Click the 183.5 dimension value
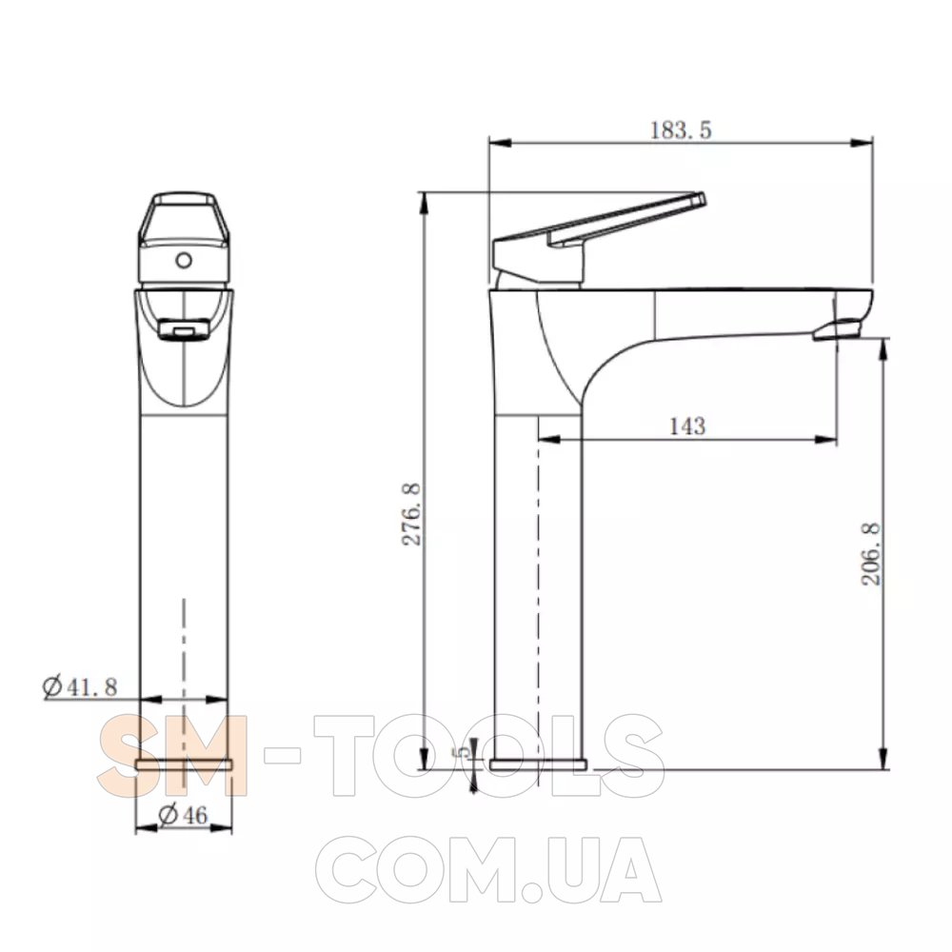(681, 129)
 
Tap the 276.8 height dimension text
(412, 515)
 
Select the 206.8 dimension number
(871, 554)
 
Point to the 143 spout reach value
(687, 426)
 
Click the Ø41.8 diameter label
(80, 686)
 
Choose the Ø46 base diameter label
(183, 814)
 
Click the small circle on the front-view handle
(184, 261)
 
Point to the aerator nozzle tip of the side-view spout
(837, 331)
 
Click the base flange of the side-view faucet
(538, 764)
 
